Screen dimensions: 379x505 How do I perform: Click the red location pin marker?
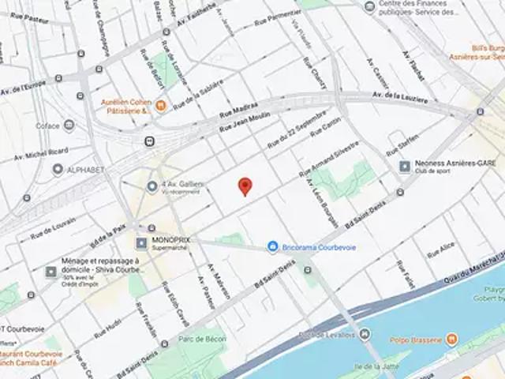[x=245, y=186]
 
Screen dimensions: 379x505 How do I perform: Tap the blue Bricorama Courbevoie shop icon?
[x=272, y=247]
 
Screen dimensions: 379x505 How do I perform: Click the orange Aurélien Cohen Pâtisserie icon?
[x=160, y=104]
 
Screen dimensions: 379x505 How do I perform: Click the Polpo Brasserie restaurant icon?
[x=451, y=340]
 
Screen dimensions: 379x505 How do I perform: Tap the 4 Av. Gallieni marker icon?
[x=152, y=186]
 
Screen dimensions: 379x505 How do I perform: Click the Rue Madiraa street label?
[x=238, y=111]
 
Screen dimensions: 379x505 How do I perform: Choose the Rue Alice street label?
[x=440, y=250]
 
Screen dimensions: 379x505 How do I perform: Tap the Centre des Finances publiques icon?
[x=370, y=7]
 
